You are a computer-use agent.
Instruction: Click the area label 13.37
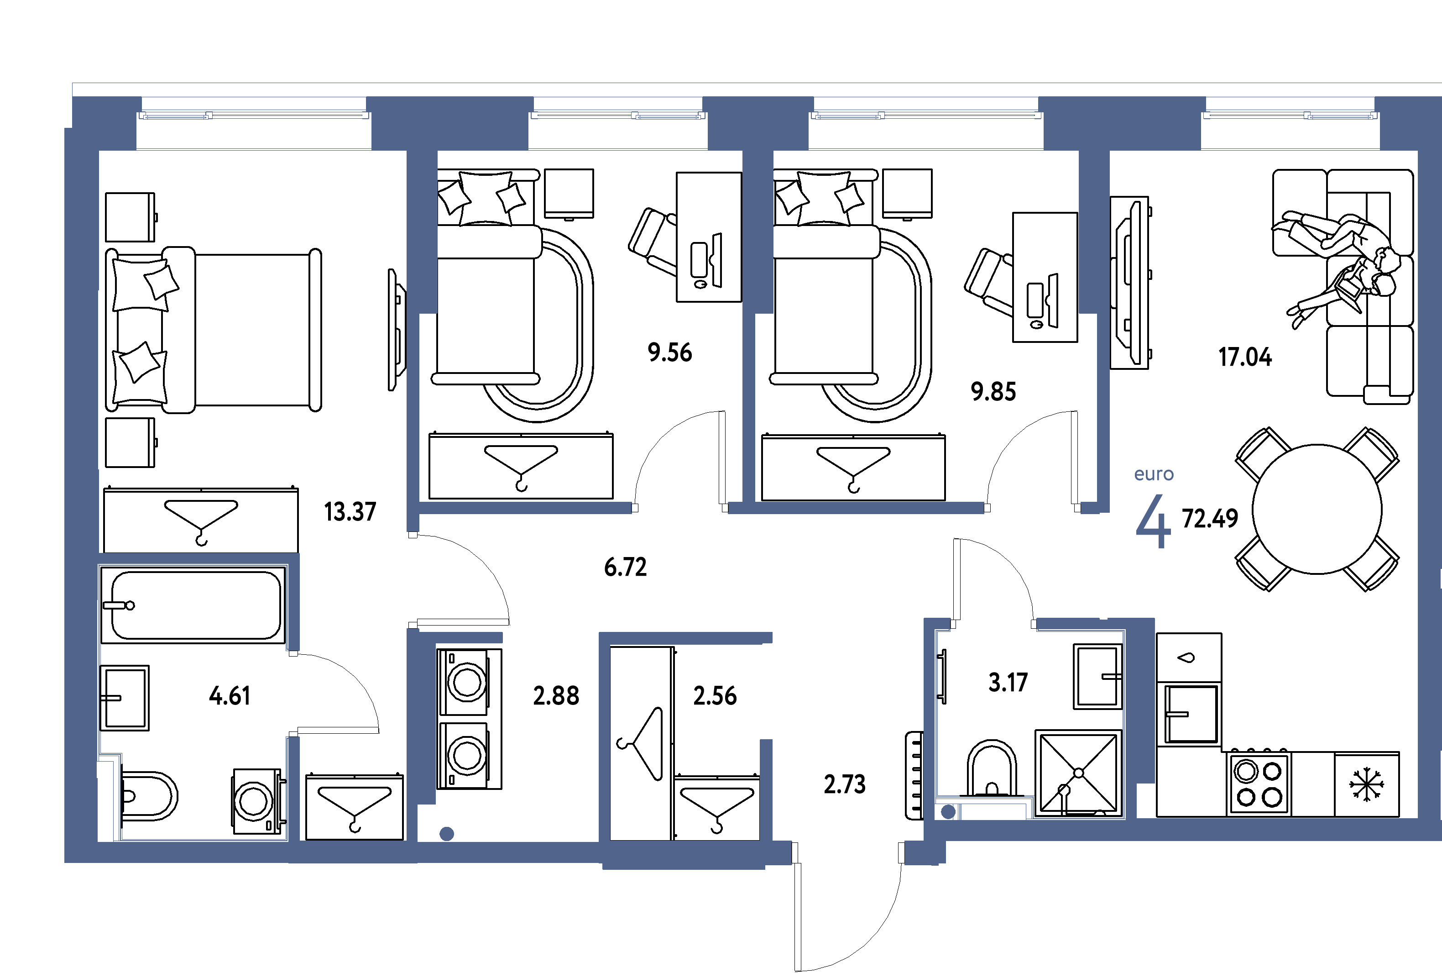point(350,512)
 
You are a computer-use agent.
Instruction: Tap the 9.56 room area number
point(670,352)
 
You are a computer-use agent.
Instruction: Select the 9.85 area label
point(993,392)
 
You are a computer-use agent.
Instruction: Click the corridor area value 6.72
point(625,567)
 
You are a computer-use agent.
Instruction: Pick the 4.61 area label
point(230,696)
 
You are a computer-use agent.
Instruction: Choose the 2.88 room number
point(556,696)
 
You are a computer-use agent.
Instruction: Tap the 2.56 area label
point(715,696)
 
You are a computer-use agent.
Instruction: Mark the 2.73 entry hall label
point(844,784)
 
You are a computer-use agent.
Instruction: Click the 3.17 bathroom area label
point(1008,683)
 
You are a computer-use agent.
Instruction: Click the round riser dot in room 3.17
point(948,812)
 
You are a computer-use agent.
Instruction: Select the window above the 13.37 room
point(254,116)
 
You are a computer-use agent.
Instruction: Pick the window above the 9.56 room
point(618,116)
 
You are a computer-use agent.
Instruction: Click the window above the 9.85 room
point(926,116)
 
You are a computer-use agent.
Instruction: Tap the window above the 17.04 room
point(1290,116)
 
